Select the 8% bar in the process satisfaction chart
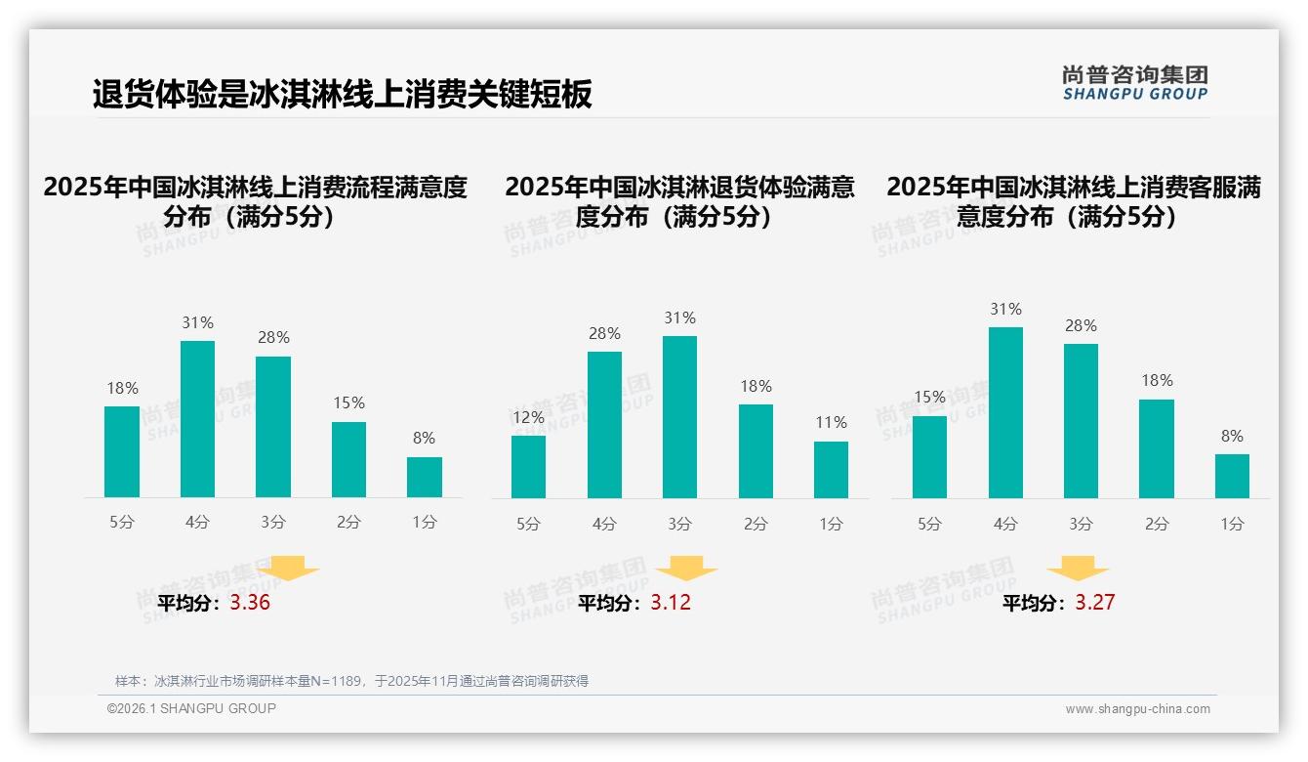pos(424,477)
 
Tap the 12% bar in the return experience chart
pos(528,466)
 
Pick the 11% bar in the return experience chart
pos(831,469)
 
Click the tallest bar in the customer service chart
pos(1005,412)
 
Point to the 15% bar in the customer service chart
pos(929,456)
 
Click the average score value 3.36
pos(250,603)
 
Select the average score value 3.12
pos(671,603)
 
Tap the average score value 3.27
pos(1094,603)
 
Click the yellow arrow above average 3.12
pos(686,569)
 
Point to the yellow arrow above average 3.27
pos(1078,569)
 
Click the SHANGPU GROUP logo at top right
pos(1134,83)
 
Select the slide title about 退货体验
pos(342,95)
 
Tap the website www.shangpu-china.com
pos(1137,709)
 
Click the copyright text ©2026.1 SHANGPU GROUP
pos(191,708)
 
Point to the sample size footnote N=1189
pos(351,681)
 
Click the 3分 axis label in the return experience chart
pos(679,524)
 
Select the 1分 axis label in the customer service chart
pos(1232,524)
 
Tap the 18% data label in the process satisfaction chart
pos(122,388)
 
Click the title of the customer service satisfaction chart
pos(1073,201)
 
